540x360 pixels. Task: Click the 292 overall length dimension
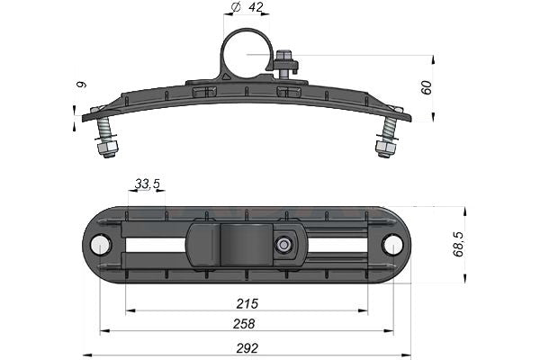(x=247, y=348)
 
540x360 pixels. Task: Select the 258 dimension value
(x=244, y=324)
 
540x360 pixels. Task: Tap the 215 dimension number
(x=247, y=304)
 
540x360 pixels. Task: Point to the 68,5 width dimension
(x=458, y=245)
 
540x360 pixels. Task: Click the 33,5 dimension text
(x=147, y=184)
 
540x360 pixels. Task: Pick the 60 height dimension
(x=426, y=87)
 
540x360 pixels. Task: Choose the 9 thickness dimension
(x=81, y=85)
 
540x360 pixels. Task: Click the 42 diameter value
(x=256, y=7)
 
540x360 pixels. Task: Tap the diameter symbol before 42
(x=236, y=7)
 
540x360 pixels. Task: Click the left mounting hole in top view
(x=100, y=245)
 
